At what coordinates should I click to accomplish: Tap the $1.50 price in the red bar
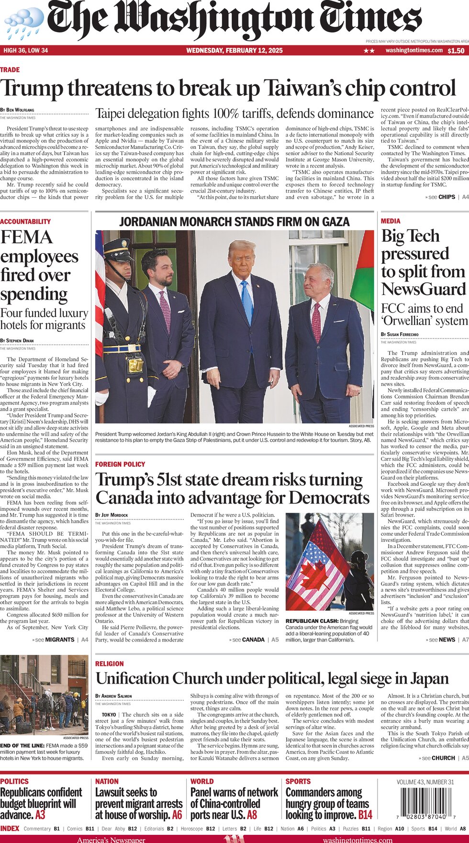[456, 51]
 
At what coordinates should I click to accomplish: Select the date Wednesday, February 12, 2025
[234, 51]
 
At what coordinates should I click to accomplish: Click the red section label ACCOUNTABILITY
[25, 222]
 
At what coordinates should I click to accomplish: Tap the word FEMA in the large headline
[26, 237]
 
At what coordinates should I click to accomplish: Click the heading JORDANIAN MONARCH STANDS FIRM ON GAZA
[234, 222]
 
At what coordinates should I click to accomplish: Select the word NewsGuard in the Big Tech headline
[423, 289]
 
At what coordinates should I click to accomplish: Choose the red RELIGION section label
[110, 664]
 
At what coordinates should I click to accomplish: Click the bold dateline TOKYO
[109, 714]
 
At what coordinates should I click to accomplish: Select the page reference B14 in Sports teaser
[365, 815]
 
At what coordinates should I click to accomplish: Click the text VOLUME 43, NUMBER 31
[425, 782]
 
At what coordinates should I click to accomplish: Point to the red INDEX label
[10, 829]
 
